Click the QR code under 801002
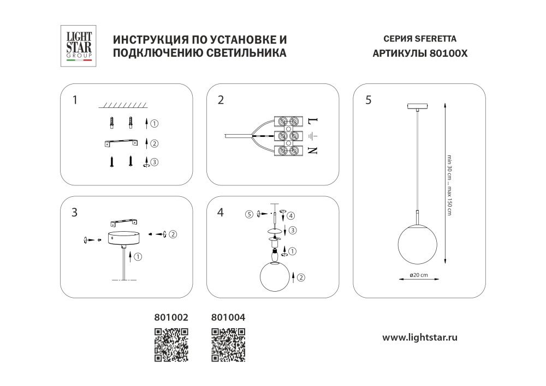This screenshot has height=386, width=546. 171,345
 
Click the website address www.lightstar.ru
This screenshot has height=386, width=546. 419,337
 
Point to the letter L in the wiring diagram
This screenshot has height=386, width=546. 312,121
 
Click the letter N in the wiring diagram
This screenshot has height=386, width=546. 312,152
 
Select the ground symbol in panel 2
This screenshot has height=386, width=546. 312,136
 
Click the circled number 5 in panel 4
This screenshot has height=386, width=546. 248,214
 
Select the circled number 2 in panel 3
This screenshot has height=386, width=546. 173,234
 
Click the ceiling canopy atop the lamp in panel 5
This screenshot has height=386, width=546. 418,106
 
